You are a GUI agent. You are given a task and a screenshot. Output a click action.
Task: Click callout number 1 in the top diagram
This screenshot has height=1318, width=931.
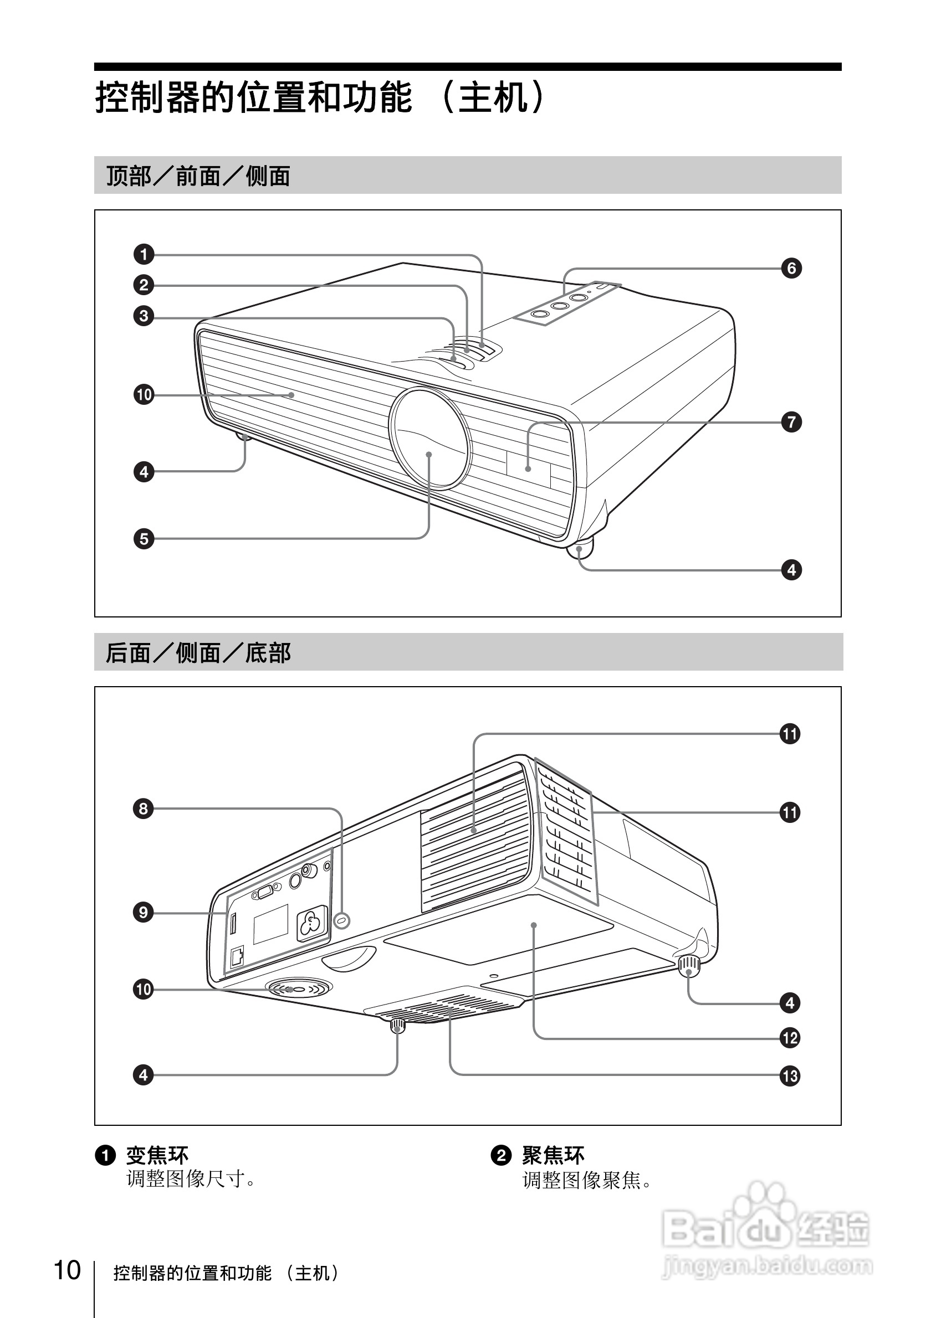[144, 254]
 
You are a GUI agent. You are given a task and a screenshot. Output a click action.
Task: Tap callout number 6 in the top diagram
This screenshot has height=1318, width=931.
[791, 268]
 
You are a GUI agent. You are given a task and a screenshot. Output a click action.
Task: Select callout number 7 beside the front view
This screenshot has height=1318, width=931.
[791, 423]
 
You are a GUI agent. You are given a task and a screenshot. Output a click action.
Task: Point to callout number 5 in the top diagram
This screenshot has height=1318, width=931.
[144, 539]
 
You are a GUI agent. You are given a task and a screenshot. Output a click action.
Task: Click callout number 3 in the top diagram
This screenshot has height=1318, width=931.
[144, 316]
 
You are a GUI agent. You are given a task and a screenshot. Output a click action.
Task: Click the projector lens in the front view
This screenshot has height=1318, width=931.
[430, 439]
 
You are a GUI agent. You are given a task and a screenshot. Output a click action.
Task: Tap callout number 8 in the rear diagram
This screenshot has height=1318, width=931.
[143, 809]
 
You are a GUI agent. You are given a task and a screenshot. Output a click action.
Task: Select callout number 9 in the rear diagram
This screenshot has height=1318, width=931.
[143, 912]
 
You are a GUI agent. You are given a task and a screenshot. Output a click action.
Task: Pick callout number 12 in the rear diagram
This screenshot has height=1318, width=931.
[790, 1038]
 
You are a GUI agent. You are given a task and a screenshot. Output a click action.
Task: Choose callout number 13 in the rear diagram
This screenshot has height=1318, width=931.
[790, 1076]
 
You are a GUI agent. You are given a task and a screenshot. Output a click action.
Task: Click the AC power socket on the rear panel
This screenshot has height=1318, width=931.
[312, 923]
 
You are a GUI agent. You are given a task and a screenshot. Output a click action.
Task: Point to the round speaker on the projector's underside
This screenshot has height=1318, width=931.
[298, 988]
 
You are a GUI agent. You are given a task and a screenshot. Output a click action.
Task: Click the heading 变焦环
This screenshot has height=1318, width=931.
[157, 1155]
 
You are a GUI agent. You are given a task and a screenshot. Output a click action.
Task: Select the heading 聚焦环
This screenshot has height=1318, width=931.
[553, 1155]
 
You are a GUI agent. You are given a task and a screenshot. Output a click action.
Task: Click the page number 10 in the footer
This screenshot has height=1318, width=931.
[67, 1271]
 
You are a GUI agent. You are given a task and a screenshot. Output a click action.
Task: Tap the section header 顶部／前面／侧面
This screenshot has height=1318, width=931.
[198, 176]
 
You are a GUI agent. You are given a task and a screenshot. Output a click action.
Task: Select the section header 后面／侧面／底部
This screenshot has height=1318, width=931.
[198, 653]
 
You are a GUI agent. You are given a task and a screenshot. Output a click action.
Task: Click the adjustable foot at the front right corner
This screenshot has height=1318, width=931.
[581, 549]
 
